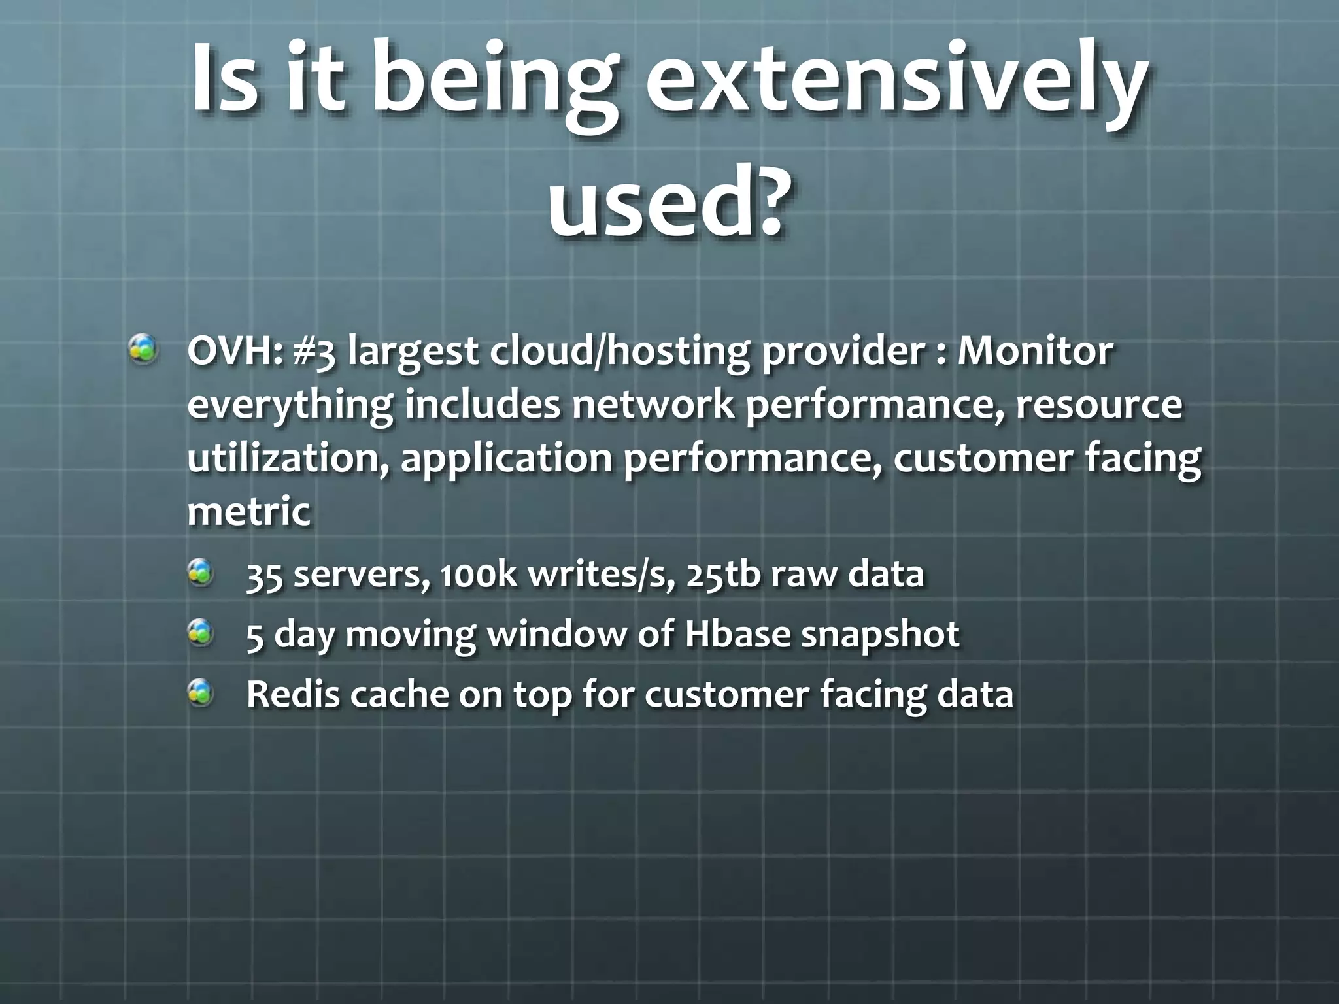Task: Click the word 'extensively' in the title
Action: (896, 82)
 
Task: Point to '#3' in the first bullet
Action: (314, 353)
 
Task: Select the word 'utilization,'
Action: (288, 459)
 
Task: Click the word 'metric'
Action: (248, 511)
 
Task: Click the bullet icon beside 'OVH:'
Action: (143, 349)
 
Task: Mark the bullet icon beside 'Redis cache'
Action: (201, 692)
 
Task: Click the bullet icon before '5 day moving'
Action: (201, 632)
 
